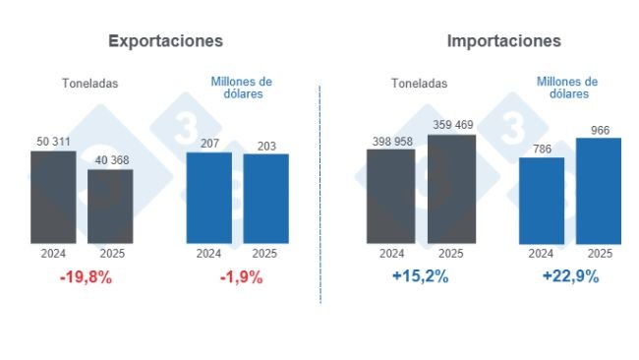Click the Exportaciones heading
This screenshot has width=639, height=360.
[165, 41]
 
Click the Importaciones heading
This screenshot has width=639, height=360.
[503, 41]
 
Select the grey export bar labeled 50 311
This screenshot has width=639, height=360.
[53, 197]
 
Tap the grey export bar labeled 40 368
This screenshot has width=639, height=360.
[110, 207]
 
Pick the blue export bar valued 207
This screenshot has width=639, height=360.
[208, 198]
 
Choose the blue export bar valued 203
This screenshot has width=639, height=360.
[265, 199]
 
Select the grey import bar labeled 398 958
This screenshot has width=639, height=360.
[390, 196]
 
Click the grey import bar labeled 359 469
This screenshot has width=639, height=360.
[451, 189]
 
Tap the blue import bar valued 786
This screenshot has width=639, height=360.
[542, 201]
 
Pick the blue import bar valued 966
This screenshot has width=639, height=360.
[599, 191]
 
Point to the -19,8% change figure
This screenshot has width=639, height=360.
[86, 277]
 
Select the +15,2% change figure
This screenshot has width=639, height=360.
[420, 277]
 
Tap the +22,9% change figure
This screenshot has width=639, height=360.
[570, 277]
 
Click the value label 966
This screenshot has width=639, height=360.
[600, 129]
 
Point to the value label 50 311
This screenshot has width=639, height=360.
[53, 143]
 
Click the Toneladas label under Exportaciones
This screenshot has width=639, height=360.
[88, 84]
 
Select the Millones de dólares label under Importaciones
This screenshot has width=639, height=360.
[567, 88]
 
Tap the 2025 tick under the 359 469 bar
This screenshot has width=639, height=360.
[451, 253]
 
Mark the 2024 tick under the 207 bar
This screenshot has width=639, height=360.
[208, 253]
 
